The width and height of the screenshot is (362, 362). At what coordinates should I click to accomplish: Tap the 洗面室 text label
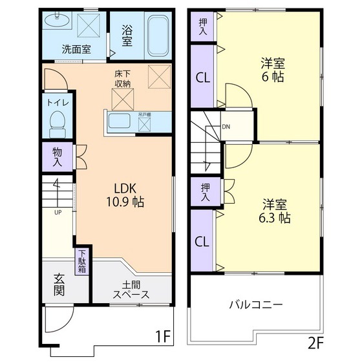coord(76,48)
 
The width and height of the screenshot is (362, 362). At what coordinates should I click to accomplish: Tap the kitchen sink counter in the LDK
coord(120,122)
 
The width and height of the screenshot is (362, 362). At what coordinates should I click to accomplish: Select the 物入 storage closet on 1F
coord(58,155)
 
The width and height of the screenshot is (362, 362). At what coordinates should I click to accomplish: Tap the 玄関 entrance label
coord(59,284)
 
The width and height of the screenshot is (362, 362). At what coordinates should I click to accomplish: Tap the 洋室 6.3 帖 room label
coord(275,211)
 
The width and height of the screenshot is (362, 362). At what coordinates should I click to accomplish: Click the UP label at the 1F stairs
coord(58,212)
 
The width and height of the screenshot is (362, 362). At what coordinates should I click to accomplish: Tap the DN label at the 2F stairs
coord(226,127)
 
